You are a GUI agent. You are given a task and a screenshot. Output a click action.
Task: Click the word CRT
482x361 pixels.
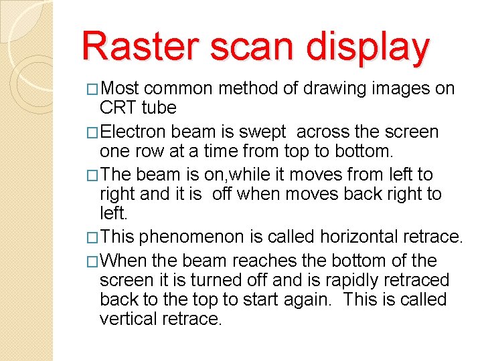[x=117, y=108]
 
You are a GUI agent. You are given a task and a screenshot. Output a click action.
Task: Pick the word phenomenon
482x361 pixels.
[x=208, y=237]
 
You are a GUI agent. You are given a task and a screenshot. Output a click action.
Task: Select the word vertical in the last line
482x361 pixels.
[x=128, y=320]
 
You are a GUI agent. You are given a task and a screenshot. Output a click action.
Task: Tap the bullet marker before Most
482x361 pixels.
[x=94, y=89]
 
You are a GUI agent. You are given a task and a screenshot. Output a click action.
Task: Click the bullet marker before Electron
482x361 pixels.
[x=94, y=132]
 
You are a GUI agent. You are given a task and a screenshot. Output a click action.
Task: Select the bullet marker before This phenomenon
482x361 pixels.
[x=94, y=237]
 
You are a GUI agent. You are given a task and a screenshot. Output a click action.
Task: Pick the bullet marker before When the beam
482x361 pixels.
[x=94, y=261]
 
